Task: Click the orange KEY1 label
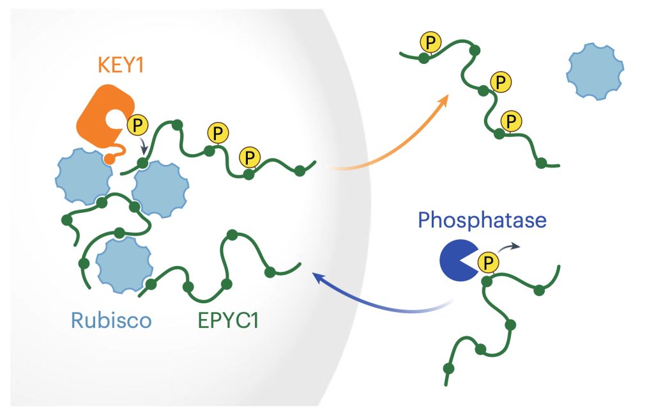click(x=121, y=65)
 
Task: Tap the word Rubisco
click(x=111, y=320)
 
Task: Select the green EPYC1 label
click(x=229, y=320)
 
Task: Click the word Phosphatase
click(x=482, y=220)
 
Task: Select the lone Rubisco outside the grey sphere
click(x=595, y=72)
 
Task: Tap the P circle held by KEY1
click(x=137, y=125)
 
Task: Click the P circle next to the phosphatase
click(x=488, y=263)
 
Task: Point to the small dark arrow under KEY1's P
click(x=144, y=146)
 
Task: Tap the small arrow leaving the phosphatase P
click(x=508, y=247)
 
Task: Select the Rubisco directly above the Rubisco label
click(x=125, y=265)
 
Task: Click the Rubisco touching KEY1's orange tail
click(x=84, y=176)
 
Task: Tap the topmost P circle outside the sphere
click(x=430, y=42)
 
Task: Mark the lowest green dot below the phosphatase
click(x=448, y=369)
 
